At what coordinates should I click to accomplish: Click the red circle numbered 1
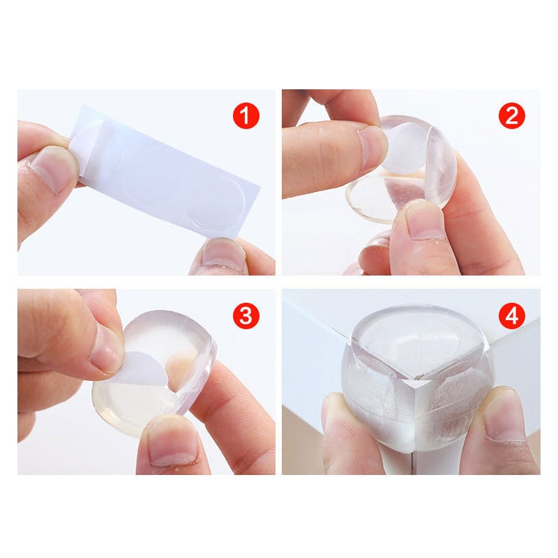tap(246, 116)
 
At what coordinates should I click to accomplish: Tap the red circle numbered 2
tap(512, 116)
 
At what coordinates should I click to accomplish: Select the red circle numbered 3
tap(246, 315)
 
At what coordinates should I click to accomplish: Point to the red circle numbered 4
tap(512, 315)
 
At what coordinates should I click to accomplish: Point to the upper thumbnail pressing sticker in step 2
tap(371, 148)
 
